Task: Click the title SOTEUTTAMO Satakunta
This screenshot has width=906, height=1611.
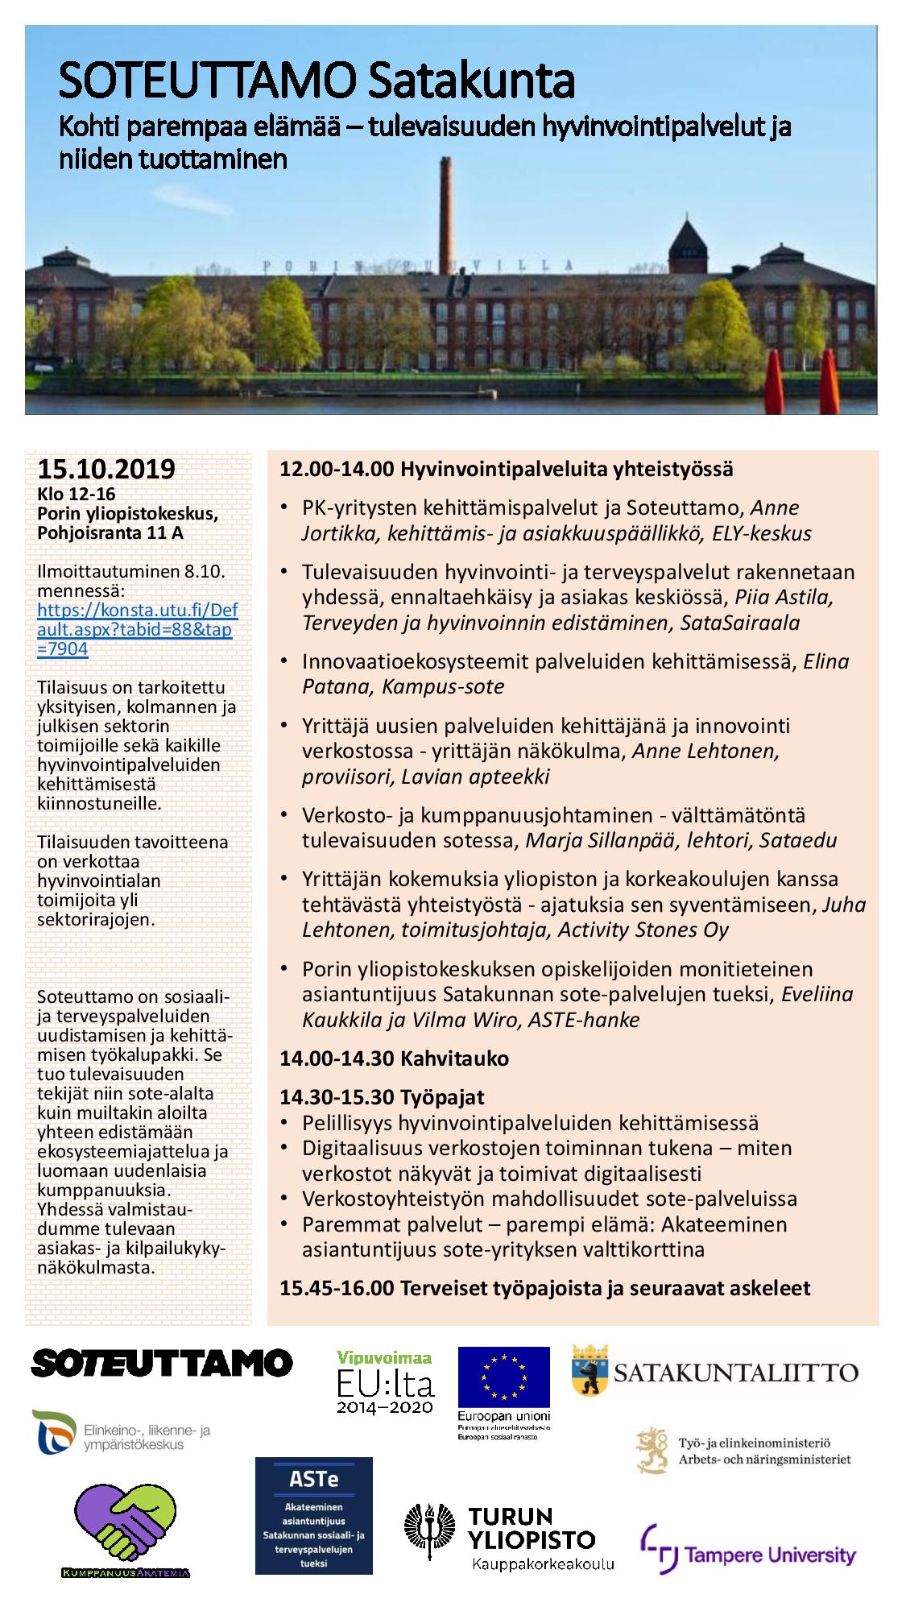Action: [x=316, y=81]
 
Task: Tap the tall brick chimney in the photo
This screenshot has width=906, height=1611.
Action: [x=446, y=217]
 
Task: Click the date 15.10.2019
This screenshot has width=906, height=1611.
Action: [x=106, y=469]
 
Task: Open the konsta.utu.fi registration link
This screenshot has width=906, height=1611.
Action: [x=134, y=629]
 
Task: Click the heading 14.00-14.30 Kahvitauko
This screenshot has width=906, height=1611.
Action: [x=394, y=1058]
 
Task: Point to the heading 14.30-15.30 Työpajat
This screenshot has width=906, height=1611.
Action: [x=382, y=1096]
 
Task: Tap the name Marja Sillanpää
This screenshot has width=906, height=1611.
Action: [x=602, y=840]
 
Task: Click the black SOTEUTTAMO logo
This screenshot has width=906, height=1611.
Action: [x=162, y=1362]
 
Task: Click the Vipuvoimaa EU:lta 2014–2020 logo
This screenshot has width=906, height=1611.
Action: [x=385, y=1381]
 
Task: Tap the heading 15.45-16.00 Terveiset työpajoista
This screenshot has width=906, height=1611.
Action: [x=544, y=1287]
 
